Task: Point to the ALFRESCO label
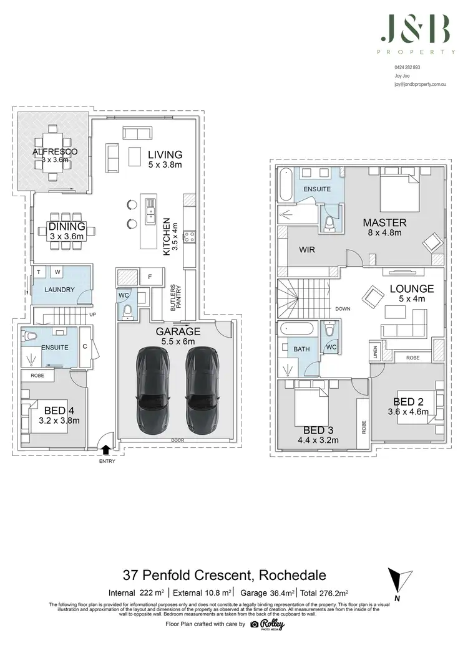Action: [x=54, y=151]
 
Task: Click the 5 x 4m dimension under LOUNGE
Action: [x=411, y=299]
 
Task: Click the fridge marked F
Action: [x=150, y=276]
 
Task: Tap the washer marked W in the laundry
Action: [x=56, y=272]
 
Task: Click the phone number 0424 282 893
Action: [x=407, y=67]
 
